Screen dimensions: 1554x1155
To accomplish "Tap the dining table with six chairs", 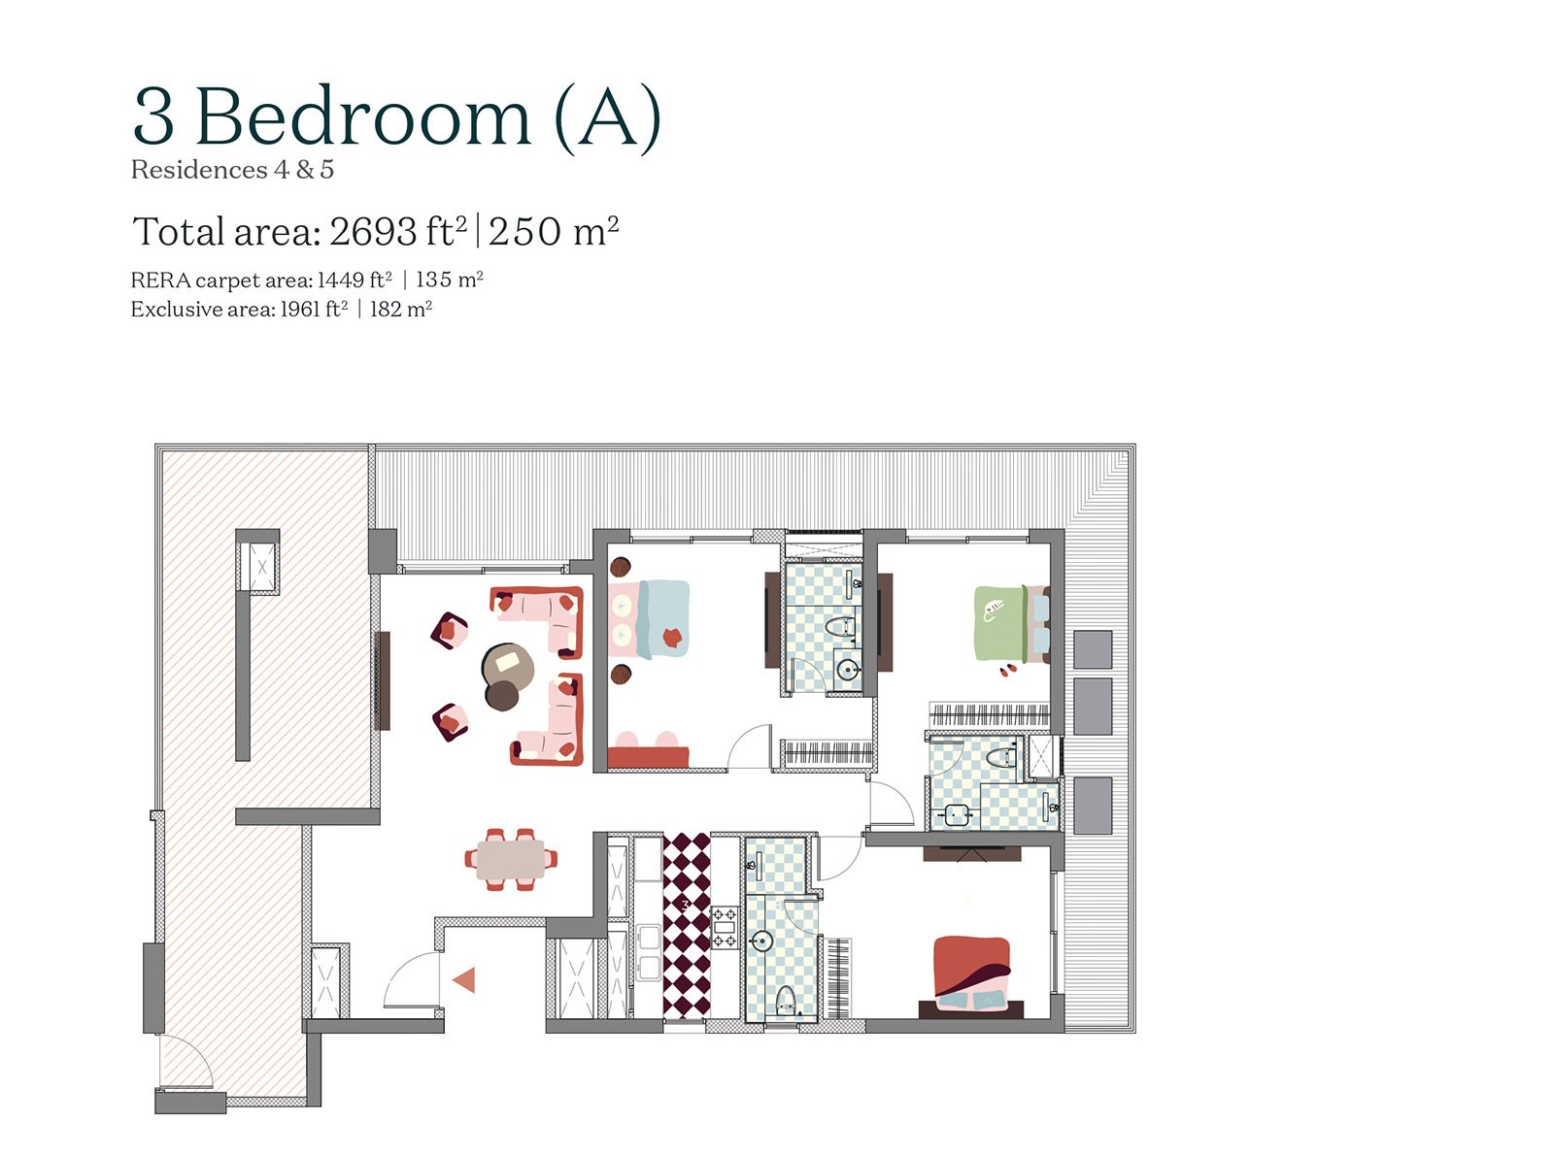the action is [x=511, y=859].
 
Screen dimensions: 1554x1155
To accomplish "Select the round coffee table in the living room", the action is [x=507, y=666].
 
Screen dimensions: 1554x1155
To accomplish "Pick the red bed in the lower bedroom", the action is [x=972, y=974].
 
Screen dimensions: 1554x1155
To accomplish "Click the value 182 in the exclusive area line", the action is [x=386, y=309].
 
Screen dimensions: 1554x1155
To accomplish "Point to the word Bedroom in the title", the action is [x=362, y=117].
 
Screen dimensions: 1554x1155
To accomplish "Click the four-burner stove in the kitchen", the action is [x=726, y=928].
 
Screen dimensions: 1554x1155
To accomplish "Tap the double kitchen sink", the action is [x=648, y=953].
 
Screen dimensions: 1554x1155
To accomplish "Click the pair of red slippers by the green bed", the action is [x=1007, y=671].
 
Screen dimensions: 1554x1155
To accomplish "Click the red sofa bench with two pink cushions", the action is [x=648, y=750].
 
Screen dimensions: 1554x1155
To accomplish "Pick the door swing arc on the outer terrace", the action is [x=186, y=1062].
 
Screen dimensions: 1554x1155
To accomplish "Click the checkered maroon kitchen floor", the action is [x=687, y=925].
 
